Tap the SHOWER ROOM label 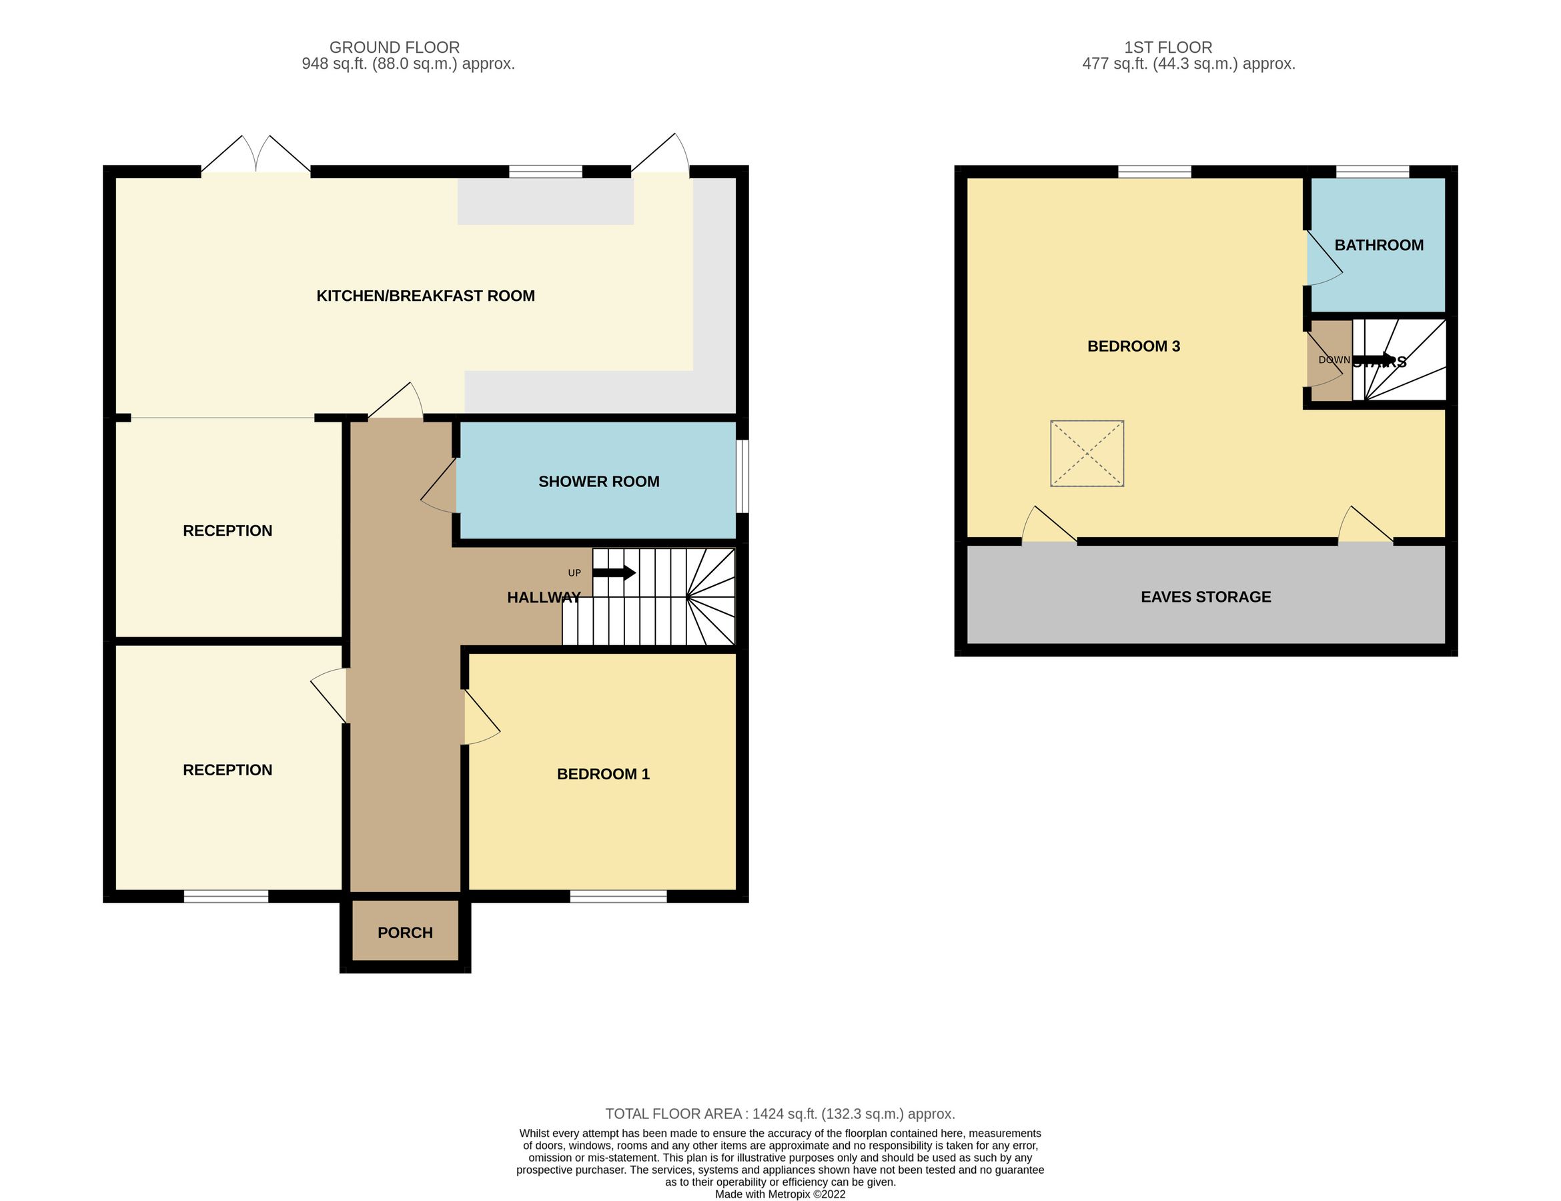tap(598, 482)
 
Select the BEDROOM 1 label tap(602, 774)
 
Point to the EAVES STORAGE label tap(1205, 597)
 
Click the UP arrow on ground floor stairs tap(614, 572)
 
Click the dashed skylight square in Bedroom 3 tap(1087, 454)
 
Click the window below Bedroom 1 tap(618, 897)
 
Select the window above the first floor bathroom tap(1372, 171)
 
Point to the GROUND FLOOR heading tap(394, 47)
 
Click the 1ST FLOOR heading tap(1168, 47)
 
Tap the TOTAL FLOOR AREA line tap(780, 1114)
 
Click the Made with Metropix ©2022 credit tap(780, 1194)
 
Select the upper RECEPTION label tap(227, 531)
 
